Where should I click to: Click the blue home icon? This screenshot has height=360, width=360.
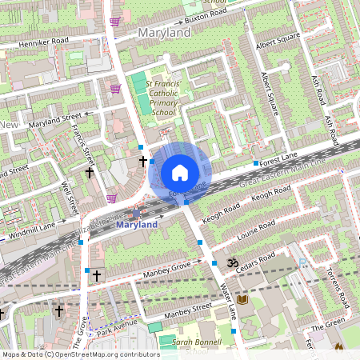180,172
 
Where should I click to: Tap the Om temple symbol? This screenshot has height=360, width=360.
235,262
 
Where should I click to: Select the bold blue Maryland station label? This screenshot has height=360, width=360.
137,225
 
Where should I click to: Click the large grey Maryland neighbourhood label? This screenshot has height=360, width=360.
164,33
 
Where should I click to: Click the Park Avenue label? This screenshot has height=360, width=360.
117,329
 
